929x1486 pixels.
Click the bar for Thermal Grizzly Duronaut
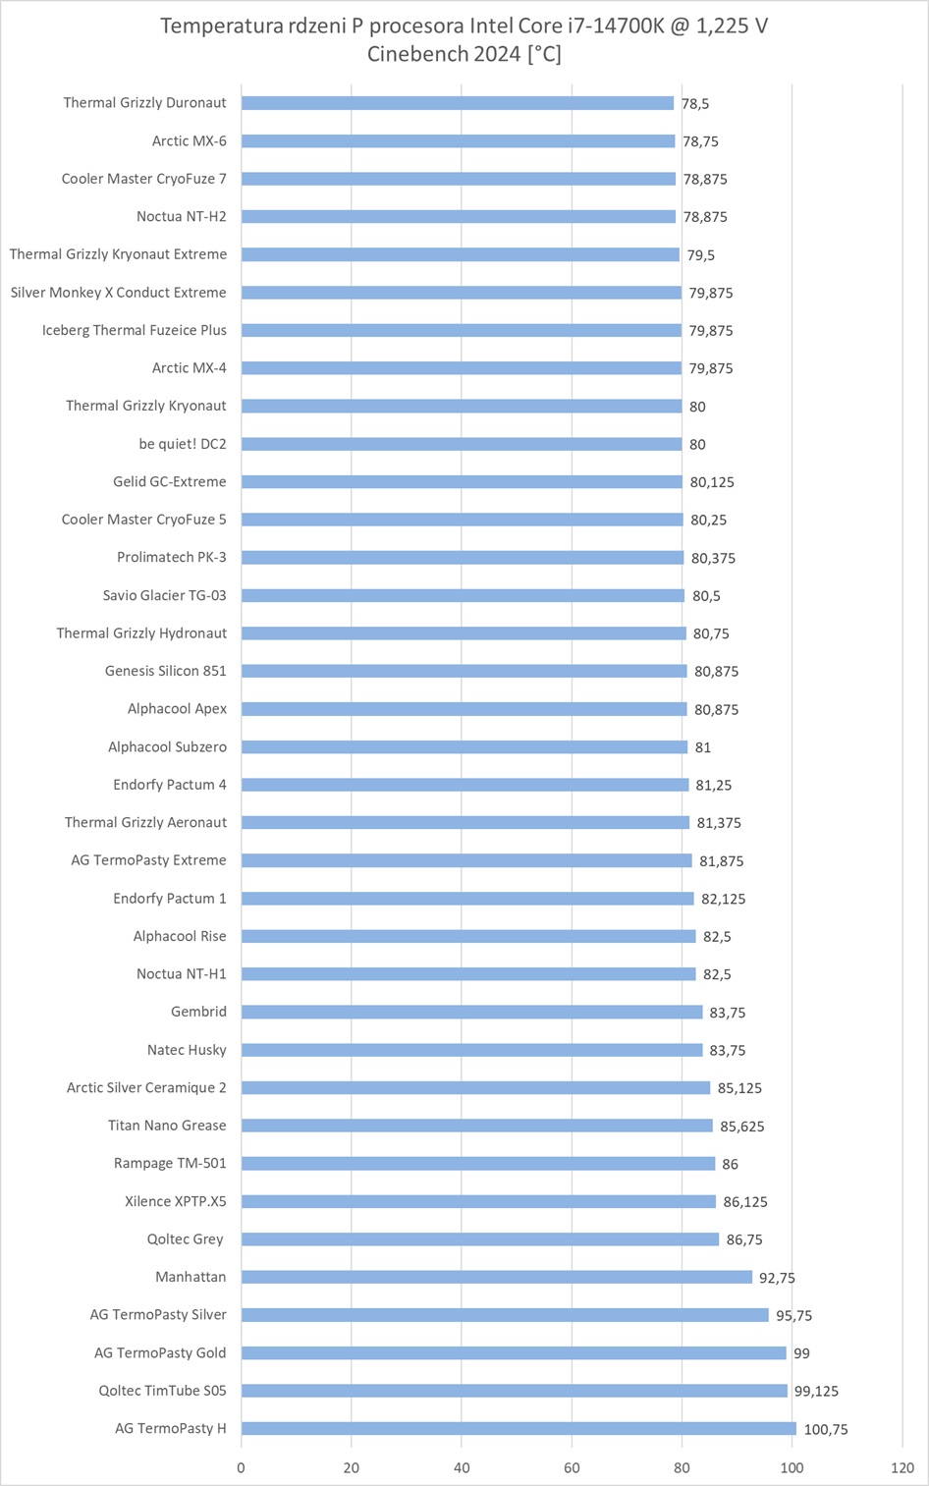(x=458, y=103)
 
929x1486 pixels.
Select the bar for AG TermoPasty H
(x=519, y=1428)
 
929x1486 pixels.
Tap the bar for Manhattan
(x=497, y=1277)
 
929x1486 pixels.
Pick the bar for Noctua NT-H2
(x=459, y=216)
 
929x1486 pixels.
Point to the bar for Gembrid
(x=472, y=1012)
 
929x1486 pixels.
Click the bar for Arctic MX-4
(x=462, y=368)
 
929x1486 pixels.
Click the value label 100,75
(x=826, y=1429)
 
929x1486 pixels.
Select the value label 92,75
(x=776, y=1278)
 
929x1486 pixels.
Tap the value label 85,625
(x=742, y=1127)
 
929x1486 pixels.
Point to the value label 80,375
(x=713, y=558)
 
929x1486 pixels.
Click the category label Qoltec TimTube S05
(x=162, y=1391)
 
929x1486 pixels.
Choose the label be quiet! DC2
(x=183, y=444)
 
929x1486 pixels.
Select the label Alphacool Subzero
(x=167, y=747)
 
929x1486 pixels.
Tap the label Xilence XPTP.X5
(x=176, y=1201)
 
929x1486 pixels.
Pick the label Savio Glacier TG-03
(x=164, y=595)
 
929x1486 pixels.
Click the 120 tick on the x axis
(x=902, y=1468)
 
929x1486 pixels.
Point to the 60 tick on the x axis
(x=572, y=1468)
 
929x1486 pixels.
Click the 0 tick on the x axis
(x=242, y=1468)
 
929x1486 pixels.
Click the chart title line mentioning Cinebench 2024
(x=464, y=54)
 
